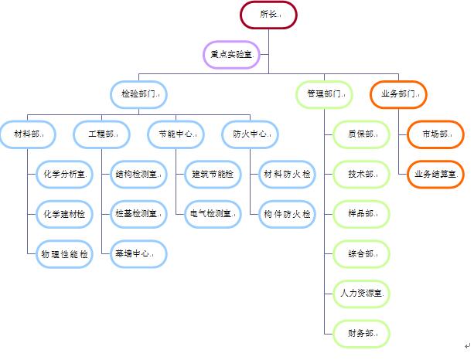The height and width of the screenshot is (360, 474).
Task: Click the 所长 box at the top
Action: click(x=268, y=14)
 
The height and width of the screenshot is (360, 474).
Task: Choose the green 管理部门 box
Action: click(x=323, y=93)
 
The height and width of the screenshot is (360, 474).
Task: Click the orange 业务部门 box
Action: click(x=397, y=93)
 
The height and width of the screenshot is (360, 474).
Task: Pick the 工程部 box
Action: click(x=101, y=134)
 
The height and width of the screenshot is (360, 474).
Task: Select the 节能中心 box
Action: click(x=176, y=134)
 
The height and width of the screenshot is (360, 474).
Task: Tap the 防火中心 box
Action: click(x=250, y=134)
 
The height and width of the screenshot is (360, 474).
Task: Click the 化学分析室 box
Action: click(x=64, y=174)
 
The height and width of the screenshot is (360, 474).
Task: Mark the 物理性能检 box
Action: click(x=64, y=253)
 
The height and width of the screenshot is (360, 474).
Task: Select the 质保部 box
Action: click(x=361, y=134)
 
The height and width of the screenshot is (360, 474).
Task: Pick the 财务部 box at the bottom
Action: click(x=361, y=333)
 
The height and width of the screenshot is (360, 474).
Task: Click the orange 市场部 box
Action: click(x=435, y=134)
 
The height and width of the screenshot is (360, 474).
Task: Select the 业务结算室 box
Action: click(x=435, y=174)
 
